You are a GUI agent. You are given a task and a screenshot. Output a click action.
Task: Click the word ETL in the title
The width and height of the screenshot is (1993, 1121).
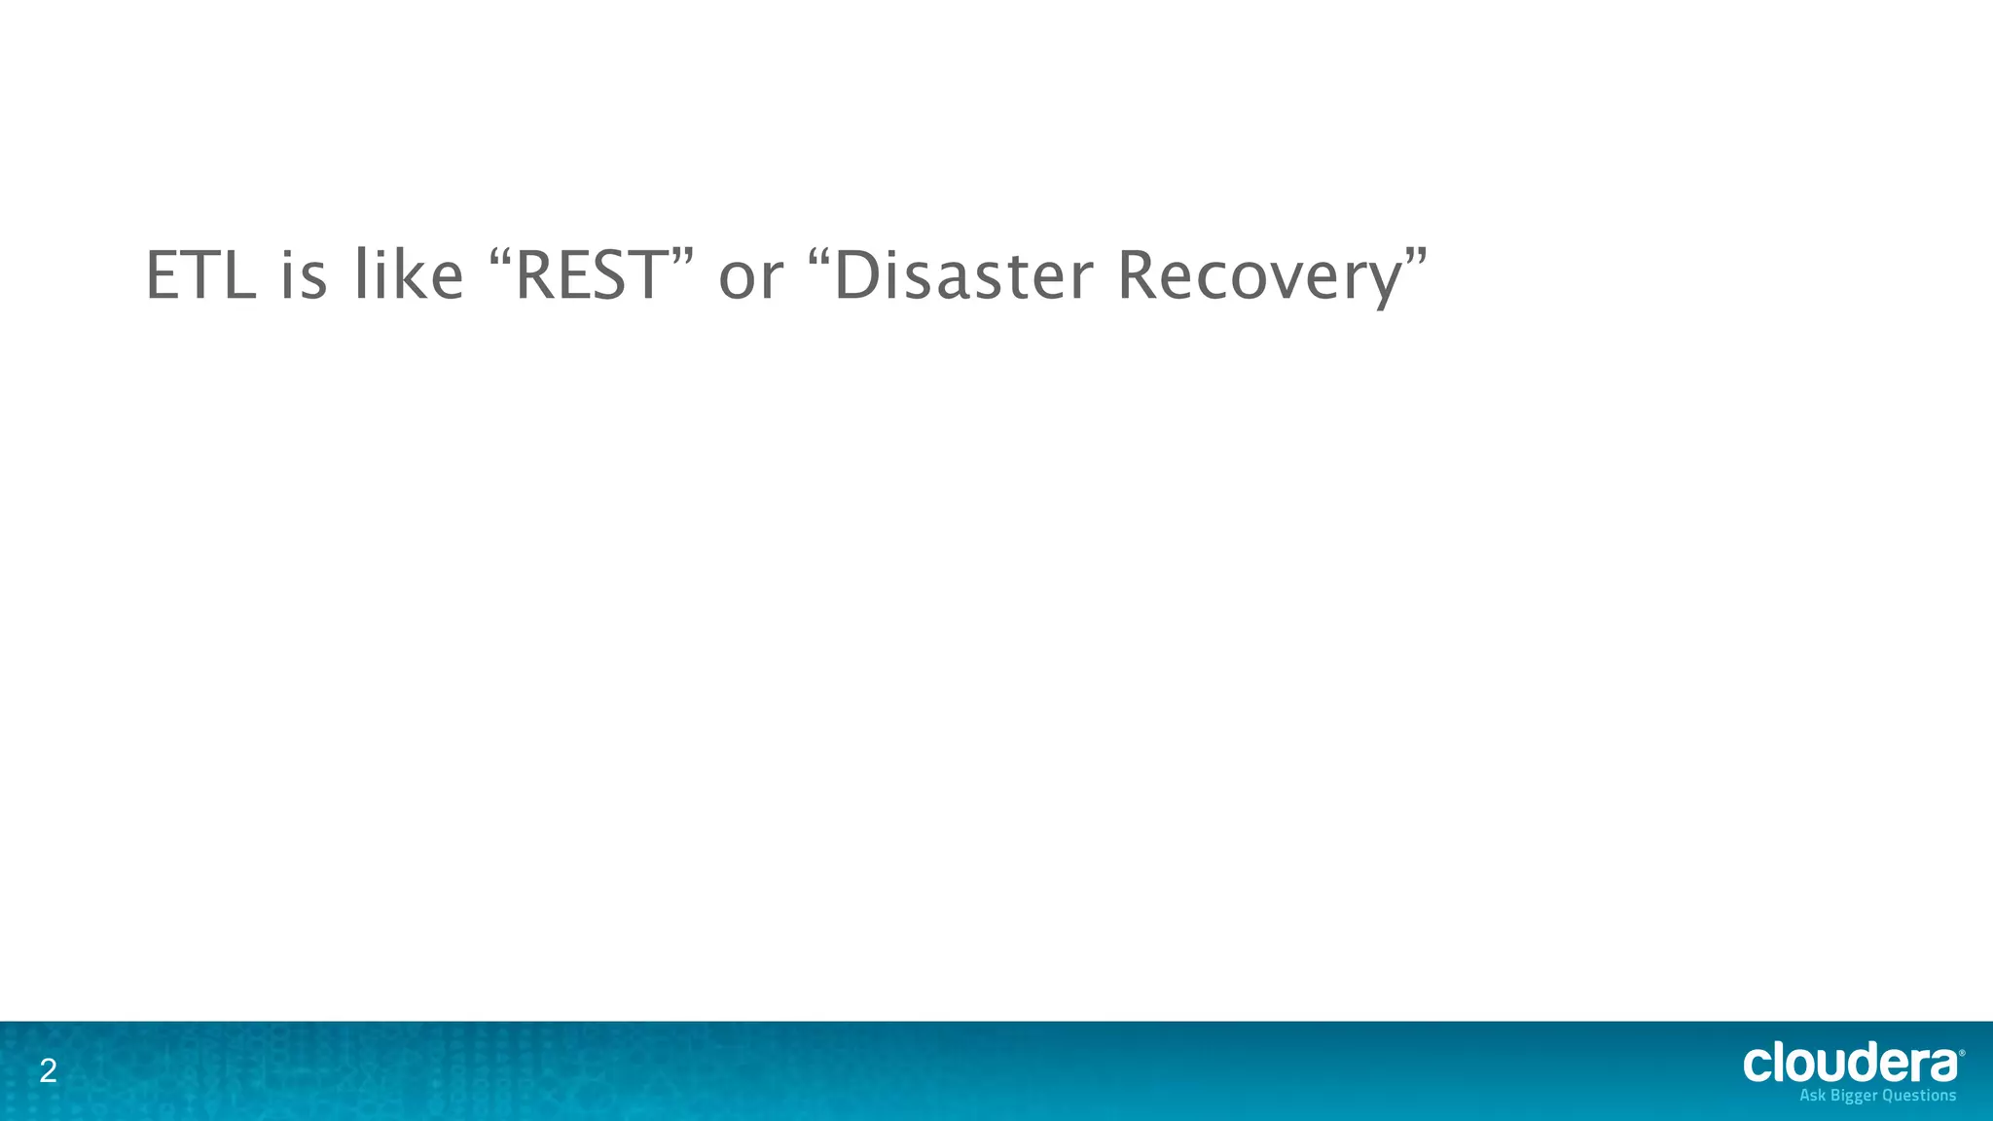200,276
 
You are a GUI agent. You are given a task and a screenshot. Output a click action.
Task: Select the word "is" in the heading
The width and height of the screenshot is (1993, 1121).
304,276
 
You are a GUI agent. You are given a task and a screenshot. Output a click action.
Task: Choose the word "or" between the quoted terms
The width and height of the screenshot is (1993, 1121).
749,278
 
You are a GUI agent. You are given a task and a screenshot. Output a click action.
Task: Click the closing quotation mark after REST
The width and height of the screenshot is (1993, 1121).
683,258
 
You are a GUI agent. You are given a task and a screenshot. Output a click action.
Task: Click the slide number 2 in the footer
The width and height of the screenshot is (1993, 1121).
48,1072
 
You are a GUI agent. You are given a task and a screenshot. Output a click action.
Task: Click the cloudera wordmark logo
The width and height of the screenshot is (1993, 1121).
1849,1063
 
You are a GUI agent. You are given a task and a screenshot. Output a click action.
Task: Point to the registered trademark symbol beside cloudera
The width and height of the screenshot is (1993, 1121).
1961,1053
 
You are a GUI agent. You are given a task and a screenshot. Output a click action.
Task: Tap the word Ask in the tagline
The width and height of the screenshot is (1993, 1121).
1813,1096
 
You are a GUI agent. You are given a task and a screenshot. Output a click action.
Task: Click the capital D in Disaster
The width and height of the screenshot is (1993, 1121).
855,276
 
